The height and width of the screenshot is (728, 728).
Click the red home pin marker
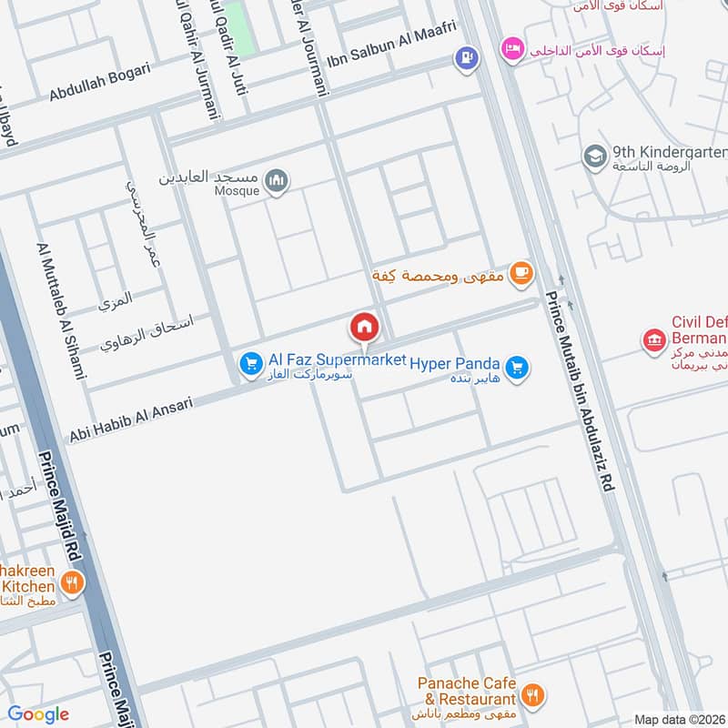point(364,327)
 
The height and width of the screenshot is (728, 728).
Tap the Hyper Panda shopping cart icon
point(517,368)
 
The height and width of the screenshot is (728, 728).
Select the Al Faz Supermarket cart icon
point(250,365)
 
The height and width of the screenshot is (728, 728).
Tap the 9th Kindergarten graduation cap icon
point(595,157)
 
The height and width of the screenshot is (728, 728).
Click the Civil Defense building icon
point(653,341)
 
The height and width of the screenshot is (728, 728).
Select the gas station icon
point(466,58)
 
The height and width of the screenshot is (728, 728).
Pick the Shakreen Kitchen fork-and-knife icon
point(72,581)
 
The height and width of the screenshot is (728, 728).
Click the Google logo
point(37,714)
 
